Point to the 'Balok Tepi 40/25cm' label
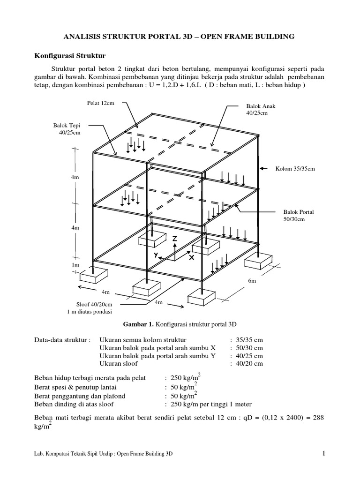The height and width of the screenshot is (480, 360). pos(69,129)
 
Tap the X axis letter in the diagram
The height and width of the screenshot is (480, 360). pos(191,258)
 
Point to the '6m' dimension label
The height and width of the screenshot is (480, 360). pos(252,281)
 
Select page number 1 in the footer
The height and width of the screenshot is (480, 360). pos(323,453)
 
